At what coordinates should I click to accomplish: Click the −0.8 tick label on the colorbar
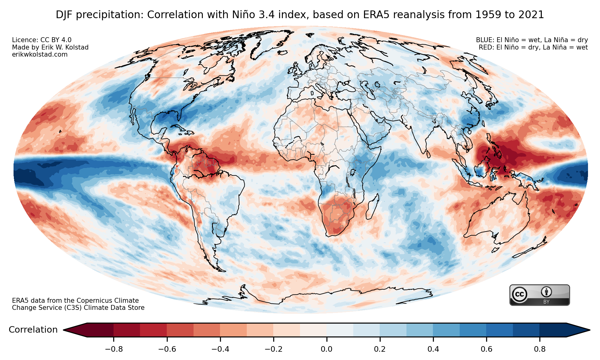point(114,349)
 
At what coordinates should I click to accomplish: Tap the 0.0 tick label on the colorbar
point(326,349)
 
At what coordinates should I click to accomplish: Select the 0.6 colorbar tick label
point(486,349)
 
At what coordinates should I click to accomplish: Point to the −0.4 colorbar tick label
point(220,349)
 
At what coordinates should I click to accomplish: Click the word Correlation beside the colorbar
point(33,330)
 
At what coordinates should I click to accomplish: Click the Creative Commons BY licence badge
point(539,295)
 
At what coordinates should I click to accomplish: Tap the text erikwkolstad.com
point(40,54)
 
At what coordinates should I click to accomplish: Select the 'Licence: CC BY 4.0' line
point(42,40)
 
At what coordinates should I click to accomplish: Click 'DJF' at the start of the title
point(64,15)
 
